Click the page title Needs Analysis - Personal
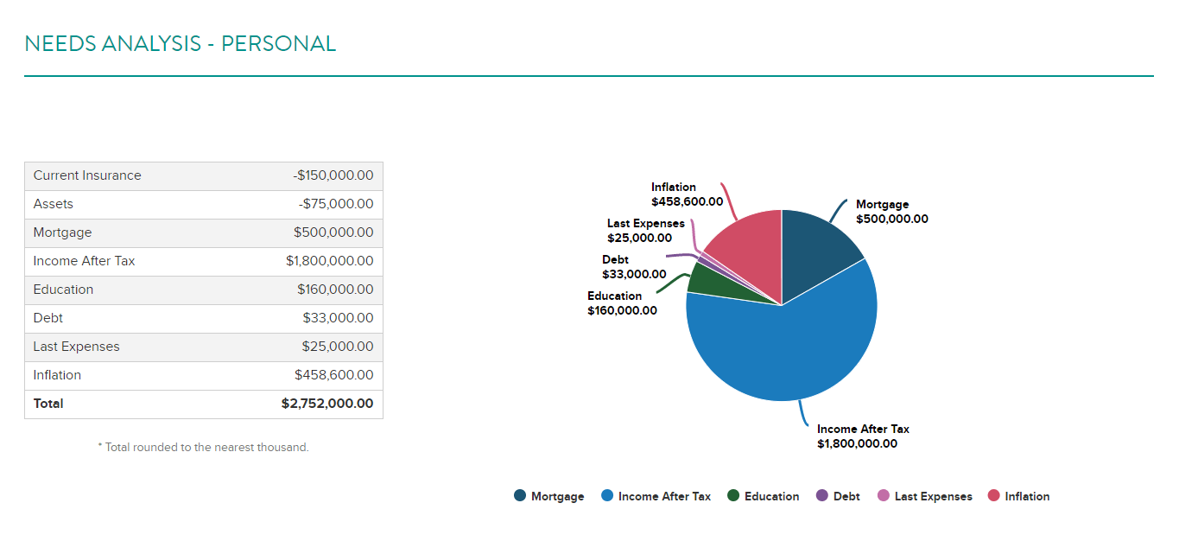click(180, 44)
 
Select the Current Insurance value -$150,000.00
click(333, 175)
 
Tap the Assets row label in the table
click(54, 204)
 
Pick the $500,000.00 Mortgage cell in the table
click(333, 232)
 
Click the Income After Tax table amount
click(329, 261)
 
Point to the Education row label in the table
click(63, 290)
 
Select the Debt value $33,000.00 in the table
click(338, 317)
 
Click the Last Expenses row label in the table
click(76, 346)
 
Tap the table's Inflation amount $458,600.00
click(334, 374)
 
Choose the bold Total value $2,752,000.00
click(327, 404)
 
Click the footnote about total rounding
click(203, 447)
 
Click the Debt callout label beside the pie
click(634, 267)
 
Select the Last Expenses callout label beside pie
click(646, 231)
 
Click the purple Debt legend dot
click(821, 495)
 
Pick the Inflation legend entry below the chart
click(1018, 496)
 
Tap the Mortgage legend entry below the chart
click(549, 496)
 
